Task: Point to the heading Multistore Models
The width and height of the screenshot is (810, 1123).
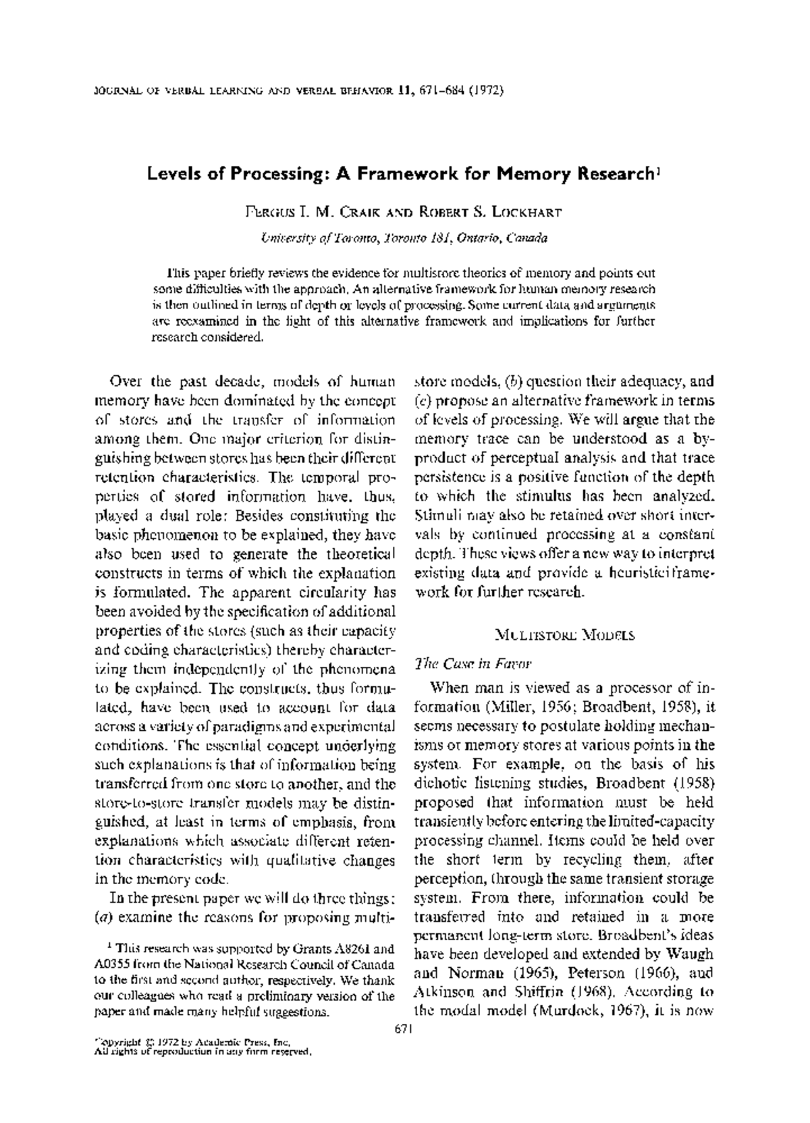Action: (x=564, y=635)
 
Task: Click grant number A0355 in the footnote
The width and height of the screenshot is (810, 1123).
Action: (x=111, y=963)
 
